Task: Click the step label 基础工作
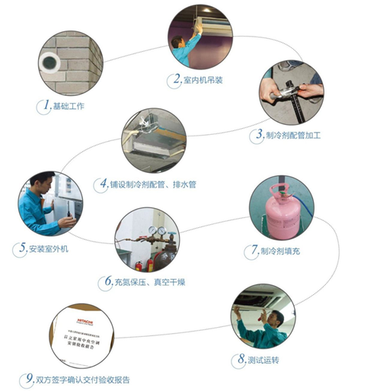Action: pos(69,105)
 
